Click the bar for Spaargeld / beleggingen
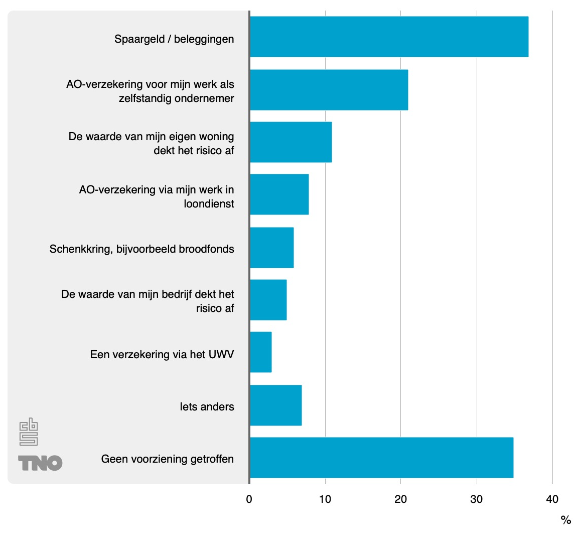(x=389, y=37)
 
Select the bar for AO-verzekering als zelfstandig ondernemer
(x=329, y=90)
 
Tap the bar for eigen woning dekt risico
(x=291, y=142)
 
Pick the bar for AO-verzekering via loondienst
(x=279, y=194)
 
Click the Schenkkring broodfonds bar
(x=271, y=248)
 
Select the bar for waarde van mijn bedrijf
(x=268, y=300)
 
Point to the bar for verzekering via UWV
(x=260, y=352)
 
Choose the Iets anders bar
(x=275, y=405)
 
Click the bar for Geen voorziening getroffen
(x=381, y=458)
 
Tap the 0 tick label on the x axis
(x=249, y=499)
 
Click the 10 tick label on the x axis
(x=325, y=499)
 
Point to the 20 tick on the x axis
(x=400, y=499)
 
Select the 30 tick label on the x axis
(x=476, y=499)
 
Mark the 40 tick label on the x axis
(x=552, y=499)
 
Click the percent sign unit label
(x=565, y=520)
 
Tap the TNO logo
(x=40, y=463)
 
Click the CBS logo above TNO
(x=29, y=432)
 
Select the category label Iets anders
(x=207, y=406)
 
